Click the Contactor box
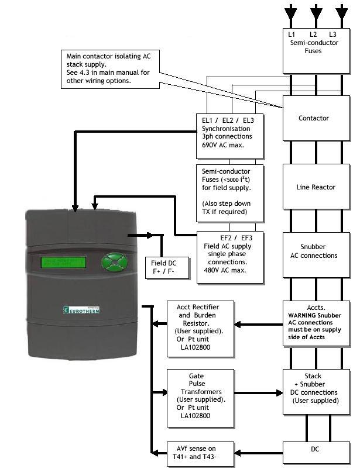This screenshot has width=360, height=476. tap(316, 118)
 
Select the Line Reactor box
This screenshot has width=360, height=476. tap(316, 187)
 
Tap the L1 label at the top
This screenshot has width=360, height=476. tap(292, 35)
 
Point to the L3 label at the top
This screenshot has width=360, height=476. tap(333, 35)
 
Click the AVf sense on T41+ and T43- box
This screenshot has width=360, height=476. tap(201, 454)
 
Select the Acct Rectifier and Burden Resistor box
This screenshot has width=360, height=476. tap(201, 325)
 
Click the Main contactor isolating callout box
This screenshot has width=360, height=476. tap(111, 69)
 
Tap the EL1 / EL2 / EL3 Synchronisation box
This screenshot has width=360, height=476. tap(229, 132)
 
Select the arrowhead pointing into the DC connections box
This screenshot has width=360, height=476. tap(280, 393)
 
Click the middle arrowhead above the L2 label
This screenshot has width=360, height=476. tap(316, 12)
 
